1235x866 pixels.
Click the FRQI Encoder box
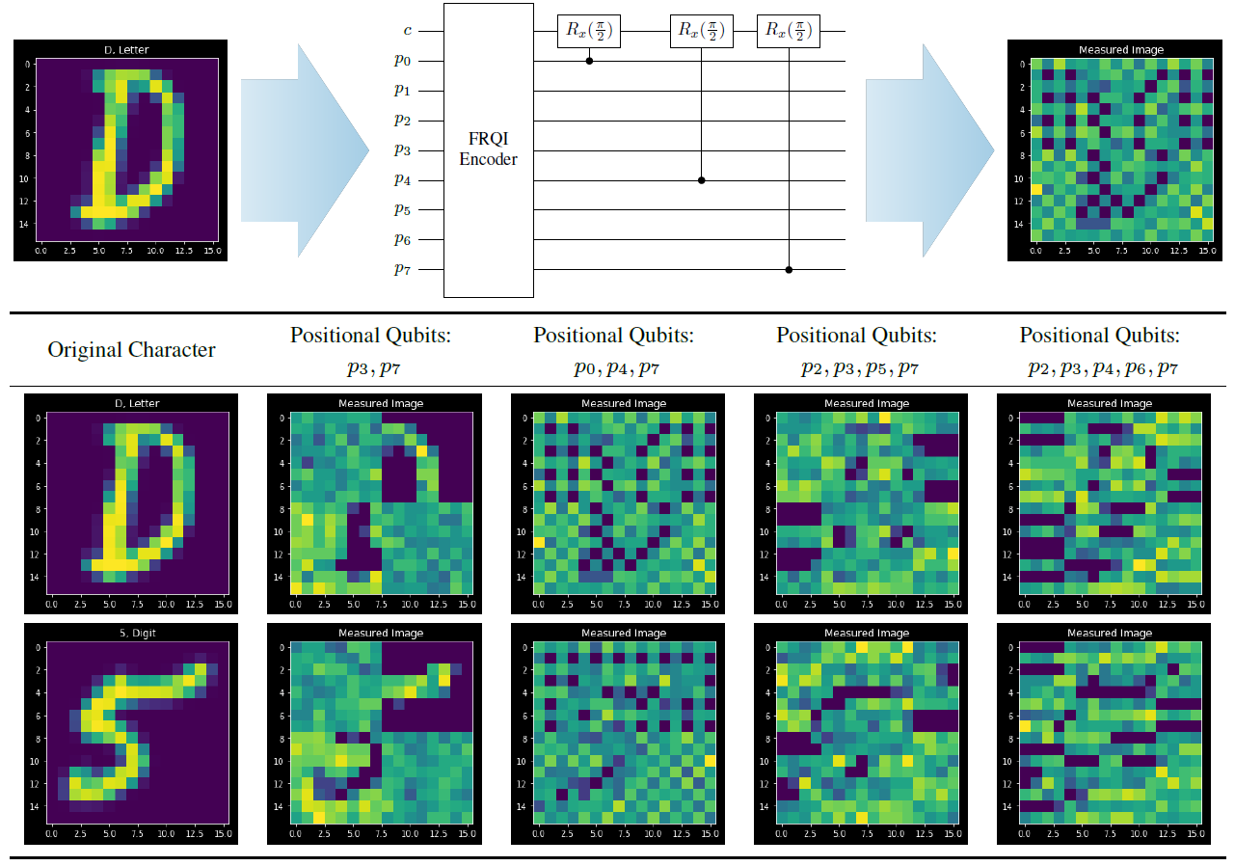click(488, 149)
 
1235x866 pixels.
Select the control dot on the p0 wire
click(589, 61)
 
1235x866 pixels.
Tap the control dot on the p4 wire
click(701, 180)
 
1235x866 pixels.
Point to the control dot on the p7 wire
click(789, 270)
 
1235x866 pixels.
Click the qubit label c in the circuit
click(408, 31)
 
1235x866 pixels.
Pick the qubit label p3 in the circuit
click(402, 150)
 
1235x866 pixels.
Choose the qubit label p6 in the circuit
click(402, 240)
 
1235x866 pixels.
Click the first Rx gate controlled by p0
click(589, 31)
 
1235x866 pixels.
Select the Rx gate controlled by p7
click(789, 31)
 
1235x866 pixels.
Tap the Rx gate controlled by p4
click(701, 31)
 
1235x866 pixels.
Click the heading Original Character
click(131, 350)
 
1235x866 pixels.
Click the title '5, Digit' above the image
click(131, 633)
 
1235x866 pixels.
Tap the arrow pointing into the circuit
click(305, 150)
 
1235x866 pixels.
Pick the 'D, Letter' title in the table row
click(131, 403)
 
